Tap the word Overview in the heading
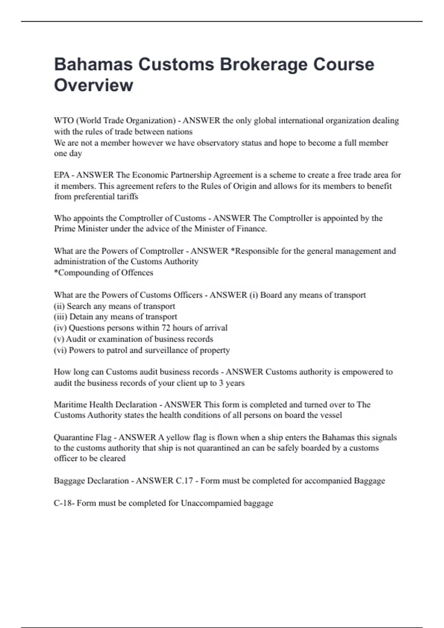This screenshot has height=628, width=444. pos(94,85)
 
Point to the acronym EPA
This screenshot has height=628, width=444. pos(61,175)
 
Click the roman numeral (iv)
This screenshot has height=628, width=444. pos(60,328)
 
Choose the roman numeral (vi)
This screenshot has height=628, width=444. pos(60,350)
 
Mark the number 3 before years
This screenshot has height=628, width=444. pos(221,383)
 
